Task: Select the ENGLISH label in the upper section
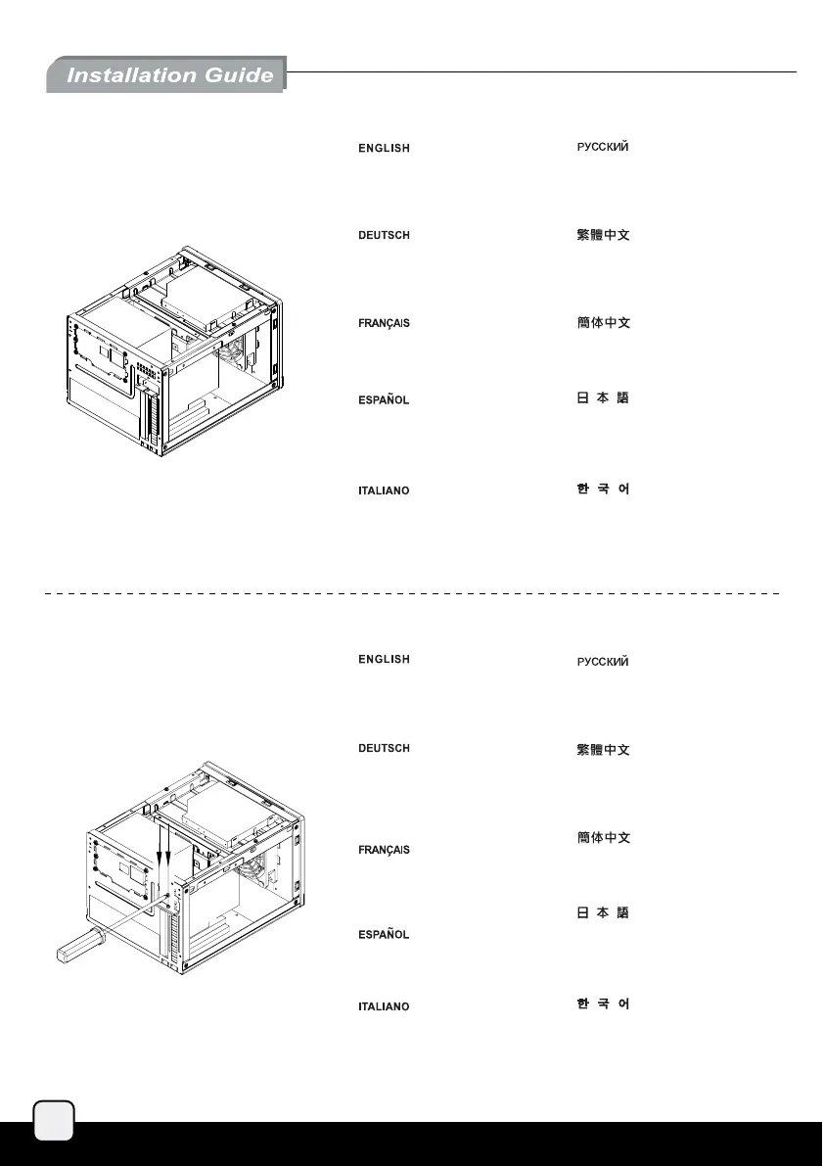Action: (x=382, y=148)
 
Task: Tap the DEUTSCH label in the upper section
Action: (x=382, y=236)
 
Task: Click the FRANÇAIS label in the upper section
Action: (x=382, y=323)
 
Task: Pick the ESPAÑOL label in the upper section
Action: (x=382, y=400)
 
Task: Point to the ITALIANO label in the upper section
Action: (x=382, y=490)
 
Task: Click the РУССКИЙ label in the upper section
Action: (x=601, y=147)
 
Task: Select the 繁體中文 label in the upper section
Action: (x=601, y=236)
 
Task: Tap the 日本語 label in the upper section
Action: (x=601, y=400)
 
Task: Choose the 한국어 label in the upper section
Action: (x=601, y=489)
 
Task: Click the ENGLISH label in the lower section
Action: (x=382, y=660)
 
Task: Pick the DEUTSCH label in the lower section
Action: (x=382, y=749)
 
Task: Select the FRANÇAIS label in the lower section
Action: (x=382, y=850)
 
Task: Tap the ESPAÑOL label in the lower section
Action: (x=382, y=935)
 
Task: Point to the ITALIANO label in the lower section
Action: (x=382, y=1006)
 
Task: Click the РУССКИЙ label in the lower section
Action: (x=601, y=662)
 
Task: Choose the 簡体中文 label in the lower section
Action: (x=601, y=838)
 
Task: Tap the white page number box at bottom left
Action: (x=54, y=1118)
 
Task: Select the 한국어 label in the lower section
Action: (x=601, y=1004)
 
